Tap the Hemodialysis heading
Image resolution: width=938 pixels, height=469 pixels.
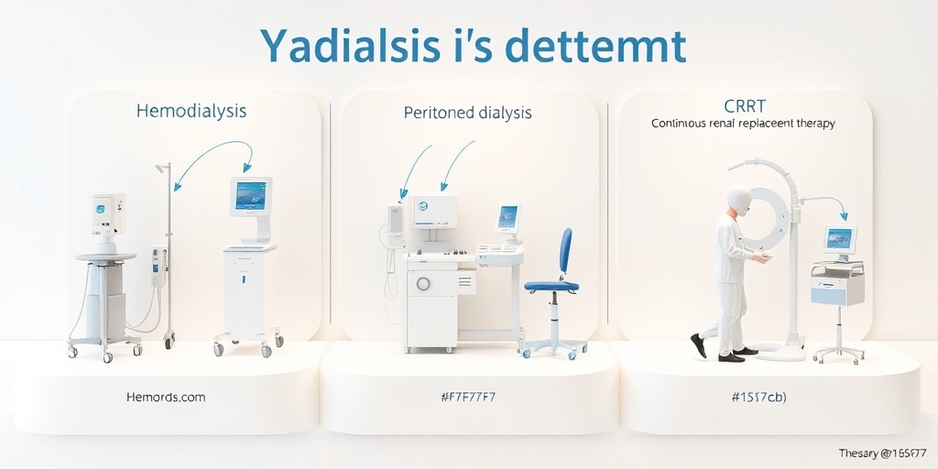click(191, 111)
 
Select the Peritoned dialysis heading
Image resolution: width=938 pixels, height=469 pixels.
click(467, 113)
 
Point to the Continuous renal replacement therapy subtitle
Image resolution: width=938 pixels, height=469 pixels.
click(742, 123)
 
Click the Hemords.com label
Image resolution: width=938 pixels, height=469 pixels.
click(166, 397)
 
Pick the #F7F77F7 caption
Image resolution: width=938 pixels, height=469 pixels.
click(468, 397)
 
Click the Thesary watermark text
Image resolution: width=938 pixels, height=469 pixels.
click(884, 453)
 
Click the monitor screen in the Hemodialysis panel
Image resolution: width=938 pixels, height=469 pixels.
click(250, 195)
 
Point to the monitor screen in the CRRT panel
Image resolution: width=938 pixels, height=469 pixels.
click(838, 239)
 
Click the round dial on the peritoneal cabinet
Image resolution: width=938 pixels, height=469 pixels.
click(422, 284)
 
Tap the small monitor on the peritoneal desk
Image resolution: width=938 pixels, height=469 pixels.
click(507, 217)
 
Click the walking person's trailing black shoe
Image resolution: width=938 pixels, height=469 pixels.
click(698, 345)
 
